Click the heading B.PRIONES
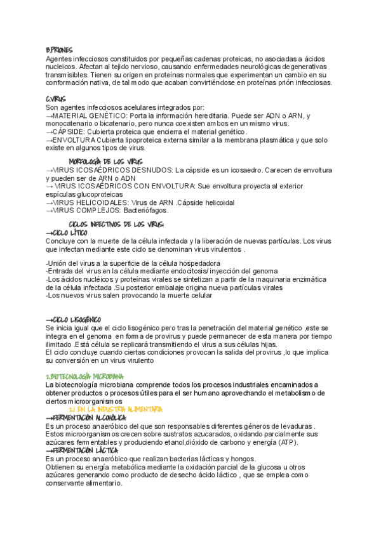point(59,50)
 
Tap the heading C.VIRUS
point(57,100)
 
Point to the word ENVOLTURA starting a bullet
point(74,140)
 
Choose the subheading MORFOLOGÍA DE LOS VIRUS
point(105,162)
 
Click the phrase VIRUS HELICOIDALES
point(95,202)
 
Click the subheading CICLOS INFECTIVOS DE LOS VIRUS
point(116,225)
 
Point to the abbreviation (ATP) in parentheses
point(269,442)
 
